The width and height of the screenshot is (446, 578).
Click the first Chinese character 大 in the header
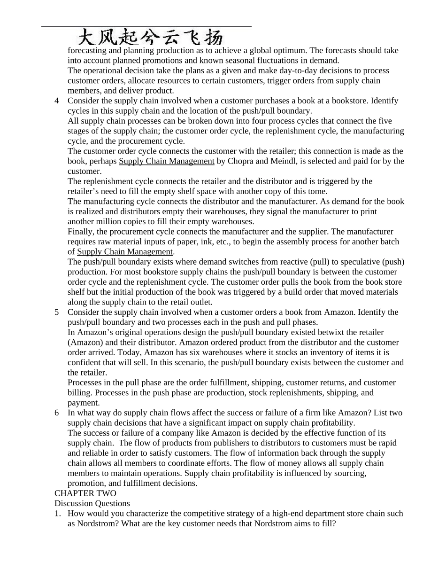click(x=89, y=37)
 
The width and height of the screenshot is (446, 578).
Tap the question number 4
click(x=57, y=101)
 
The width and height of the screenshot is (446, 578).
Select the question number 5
click(x=57, y=312)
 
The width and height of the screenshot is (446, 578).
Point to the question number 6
click(x=57, y=413)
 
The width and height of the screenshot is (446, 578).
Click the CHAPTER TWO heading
click(x=85, y=493)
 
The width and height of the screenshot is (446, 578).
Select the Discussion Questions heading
click(x=92, y=503)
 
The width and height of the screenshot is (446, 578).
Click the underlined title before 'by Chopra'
click(x=167, y=161)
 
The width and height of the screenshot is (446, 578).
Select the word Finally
click(x=81, y=232)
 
